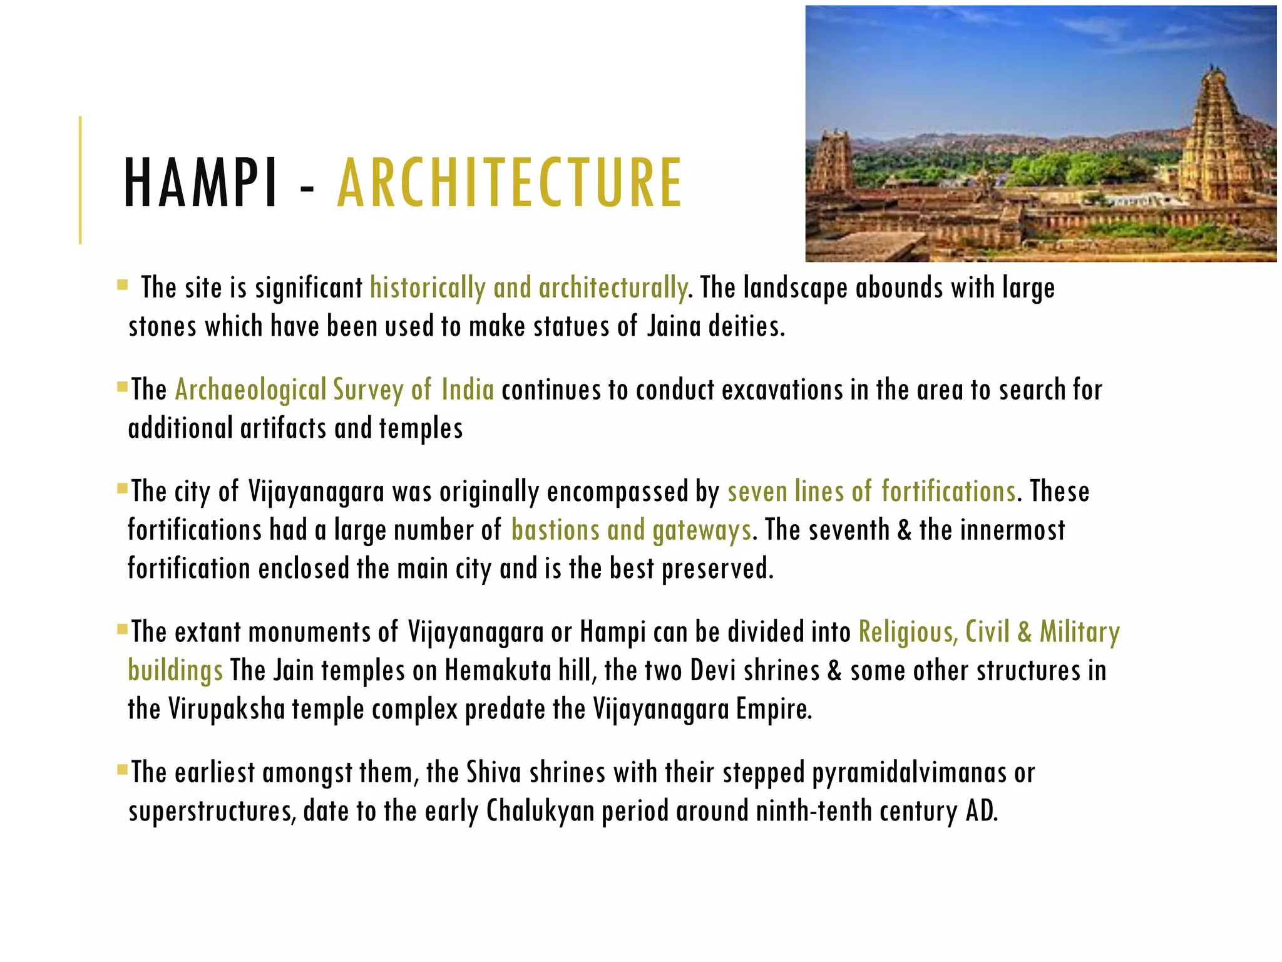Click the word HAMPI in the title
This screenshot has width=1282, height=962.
[201, 183]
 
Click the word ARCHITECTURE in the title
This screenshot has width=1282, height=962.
[509, 183]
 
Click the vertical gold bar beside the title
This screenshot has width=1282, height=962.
[80, 180]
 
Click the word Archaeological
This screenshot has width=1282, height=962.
[250, 390]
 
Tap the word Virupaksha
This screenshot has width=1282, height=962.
[227, 710]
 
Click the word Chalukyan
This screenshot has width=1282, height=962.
[540, 811]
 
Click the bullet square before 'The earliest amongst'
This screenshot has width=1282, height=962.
[122, 768]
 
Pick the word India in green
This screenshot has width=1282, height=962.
[468, 390]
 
